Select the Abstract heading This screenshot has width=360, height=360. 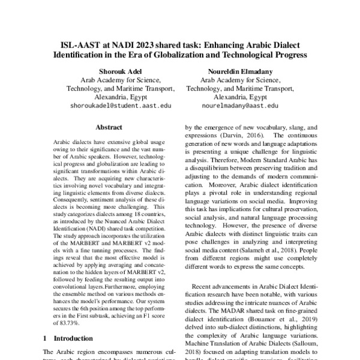[x=109, y=128]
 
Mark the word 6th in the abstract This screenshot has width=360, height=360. [x=86, y=304]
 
